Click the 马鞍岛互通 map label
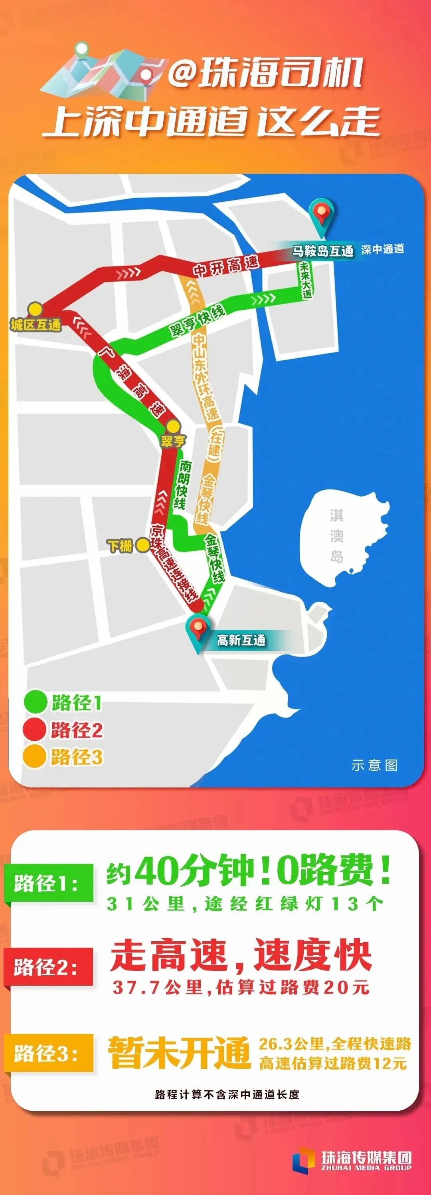322,251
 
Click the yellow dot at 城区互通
35,308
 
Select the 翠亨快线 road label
198,320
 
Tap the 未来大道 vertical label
305,280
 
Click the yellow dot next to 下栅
143,545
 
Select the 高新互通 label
241,640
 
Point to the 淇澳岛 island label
336,535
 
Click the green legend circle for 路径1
35,702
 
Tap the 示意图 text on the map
374,765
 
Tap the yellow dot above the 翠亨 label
173,426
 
